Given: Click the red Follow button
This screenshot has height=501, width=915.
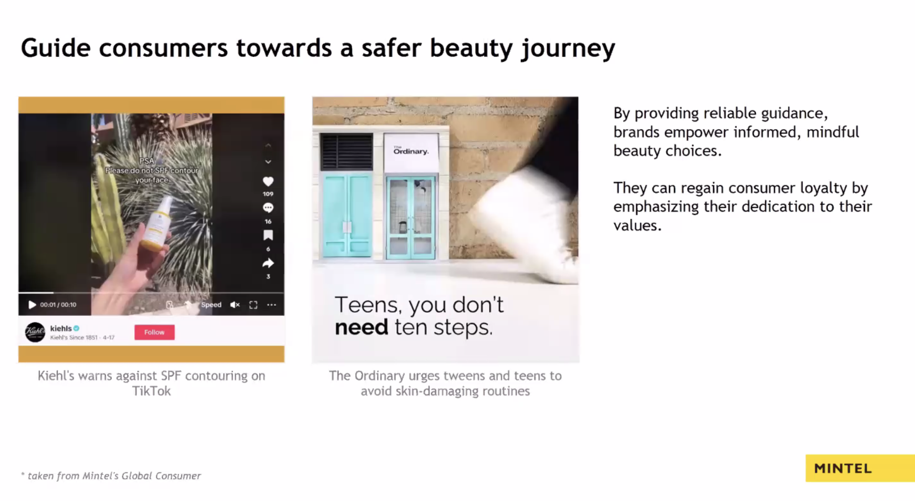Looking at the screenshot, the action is point(154,332).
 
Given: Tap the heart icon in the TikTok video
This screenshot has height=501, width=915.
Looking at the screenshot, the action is point(268,181).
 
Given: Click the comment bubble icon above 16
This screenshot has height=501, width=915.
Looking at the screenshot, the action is point(268,208).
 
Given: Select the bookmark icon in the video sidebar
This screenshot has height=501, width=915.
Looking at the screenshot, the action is point(268,235).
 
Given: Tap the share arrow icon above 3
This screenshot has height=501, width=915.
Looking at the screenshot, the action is point(268,263).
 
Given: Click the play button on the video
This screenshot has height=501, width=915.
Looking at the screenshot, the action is point(32,305).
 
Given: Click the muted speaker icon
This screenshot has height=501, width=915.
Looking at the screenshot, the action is point(235,305).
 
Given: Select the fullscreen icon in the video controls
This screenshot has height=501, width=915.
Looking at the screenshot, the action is point(254,305).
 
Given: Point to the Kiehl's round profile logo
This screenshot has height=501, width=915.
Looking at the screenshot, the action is point(35,332).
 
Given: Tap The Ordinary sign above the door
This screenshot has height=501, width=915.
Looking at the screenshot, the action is point(411,151).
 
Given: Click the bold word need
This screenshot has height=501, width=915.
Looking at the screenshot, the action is point(361,327).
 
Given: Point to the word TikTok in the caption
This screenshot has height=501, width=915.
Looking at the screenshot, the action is point(151,391).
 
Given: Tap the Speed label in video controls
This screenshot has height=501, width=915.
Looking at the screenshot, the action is point(211,305).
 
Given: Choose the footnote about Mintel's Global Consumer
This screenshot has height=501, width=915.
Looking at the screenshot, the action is point(111,476).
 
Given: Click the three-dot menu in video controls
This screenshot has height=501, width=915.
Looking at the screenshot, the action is point(272,305).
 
